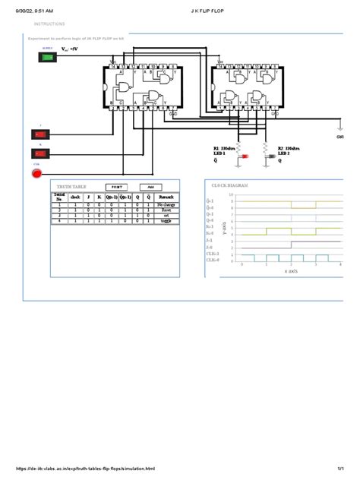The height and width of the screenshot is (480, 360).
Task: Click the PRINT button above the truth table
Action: coord(117,185)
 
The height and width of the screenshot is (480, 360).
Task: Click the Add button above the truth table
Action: coord(150,185)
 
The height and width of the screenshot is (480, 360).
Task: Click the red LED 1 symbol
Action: coord(245,156)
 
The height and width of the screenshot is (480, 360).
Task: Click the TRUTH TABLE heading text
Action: coord(71,185)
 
